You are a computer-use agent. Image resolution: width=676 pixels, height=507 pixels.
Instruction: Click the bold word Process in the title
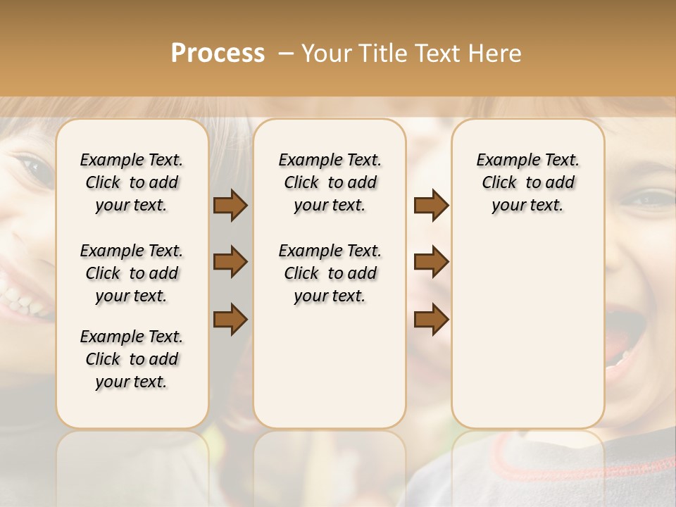[x=218, y=53]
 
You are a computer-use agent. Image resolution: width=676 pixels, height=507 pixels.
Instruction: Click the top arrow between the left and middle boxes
[x=230, y=206]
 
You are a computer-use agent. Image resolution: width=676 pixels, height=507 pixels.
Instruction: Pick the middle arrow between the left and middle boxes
[x=230, y=263]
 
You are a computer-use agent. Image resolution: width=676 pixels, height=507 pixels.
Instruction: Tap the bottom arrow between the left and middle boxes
[x=230, y=319]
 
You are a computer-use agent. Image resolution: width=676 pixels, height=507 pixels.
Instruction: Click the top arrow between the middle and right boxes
[x=431, y=206]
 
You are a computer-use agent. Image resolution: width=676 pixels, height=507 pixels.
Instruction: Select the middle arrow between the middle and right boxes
[x=431, y=263]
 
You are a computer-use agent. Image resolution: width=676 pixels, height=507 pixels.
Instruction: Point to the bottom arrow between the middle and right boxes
[x=431, y=319]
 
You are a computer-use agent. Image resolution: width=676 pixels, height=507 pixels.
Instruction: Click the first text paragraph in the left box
[x=132, y=182]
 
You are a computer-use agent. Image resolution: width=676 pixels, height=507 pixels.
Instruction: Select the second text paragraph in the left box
[x=132, y=273]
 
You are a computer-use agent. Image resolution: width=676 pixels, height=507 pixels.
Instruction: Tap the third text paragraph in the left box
[x=132, y=359]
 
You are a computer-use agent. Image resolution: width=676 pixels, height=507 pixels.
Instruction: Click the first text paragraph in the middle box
[x=330, y=182]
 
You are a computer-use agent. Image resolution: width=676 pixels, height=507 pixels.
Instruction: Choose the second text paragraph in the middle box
[x=330, y=273]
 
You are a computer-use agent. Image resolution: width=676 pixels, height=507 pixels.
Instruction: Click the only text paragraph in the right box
[x=527, y=182]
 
